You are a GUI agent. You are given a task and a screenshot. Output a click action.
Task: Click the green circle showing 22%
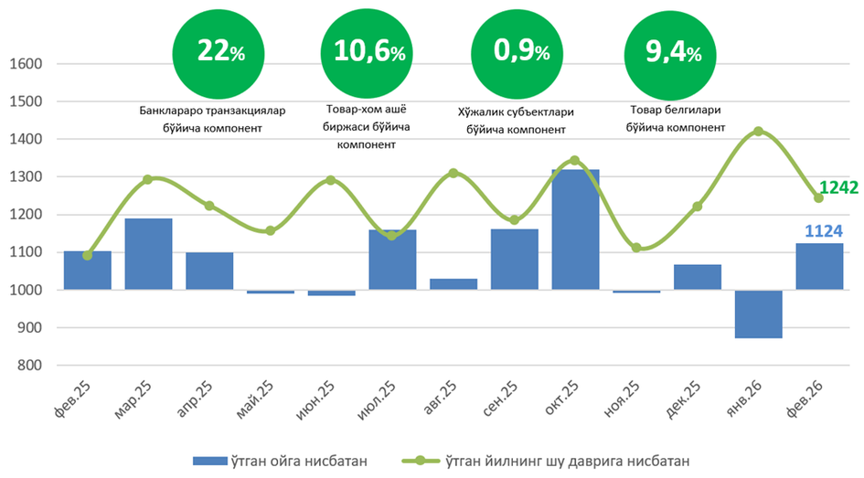click(220, 53)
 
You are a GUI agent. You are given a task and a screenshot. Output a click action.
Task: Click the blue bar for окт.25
click(575, 229)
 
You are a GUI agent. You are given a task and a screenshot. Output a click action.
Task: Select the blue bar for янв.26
click(758, 314)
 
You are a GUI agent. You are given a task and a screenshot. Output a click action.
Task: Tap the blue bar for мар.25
click(148, 254)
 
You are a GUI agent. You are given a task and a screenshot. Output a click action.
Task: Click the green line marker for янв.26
click(758, 132)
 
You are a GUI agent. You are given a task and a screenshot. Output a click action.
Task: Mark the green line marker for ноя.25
click(636, 248)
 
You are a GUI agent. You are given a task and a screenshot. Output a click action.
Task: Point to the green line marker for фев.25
click(88, 255)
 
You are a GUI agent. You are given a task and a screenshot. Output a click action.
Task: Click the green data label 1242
click(838, 187)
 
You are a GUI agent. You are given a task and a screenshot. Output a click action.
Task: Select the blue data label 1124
click(824, 231)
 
